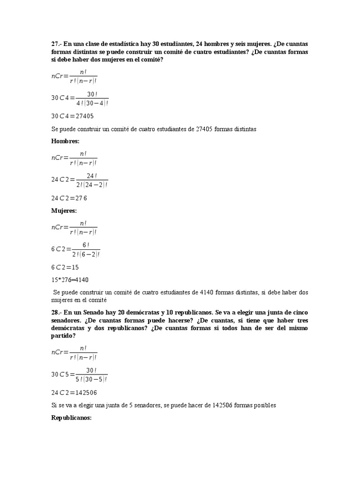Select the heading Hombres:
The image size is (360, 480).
click(x=65, y=141)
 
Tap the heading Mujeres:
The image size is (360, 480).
click(x=64, y=211)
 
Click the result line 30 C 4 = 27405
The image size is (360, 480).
click(x=73, y=116)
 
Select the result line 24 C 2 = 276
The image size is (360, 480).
click(x=69, y=198)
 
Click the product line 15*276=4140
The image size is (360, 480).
click(x=70, y=280)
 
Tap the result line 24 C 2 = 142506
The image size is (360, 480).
click(x=74, y=393)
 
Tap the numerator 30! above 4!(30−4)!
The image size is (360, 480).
click(x=92, y=94)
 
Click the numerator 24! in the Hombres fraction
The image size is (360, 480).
click(x=92, y=176)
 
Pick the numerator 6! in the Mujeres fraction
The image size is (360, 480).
click(x=86, y=245)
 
